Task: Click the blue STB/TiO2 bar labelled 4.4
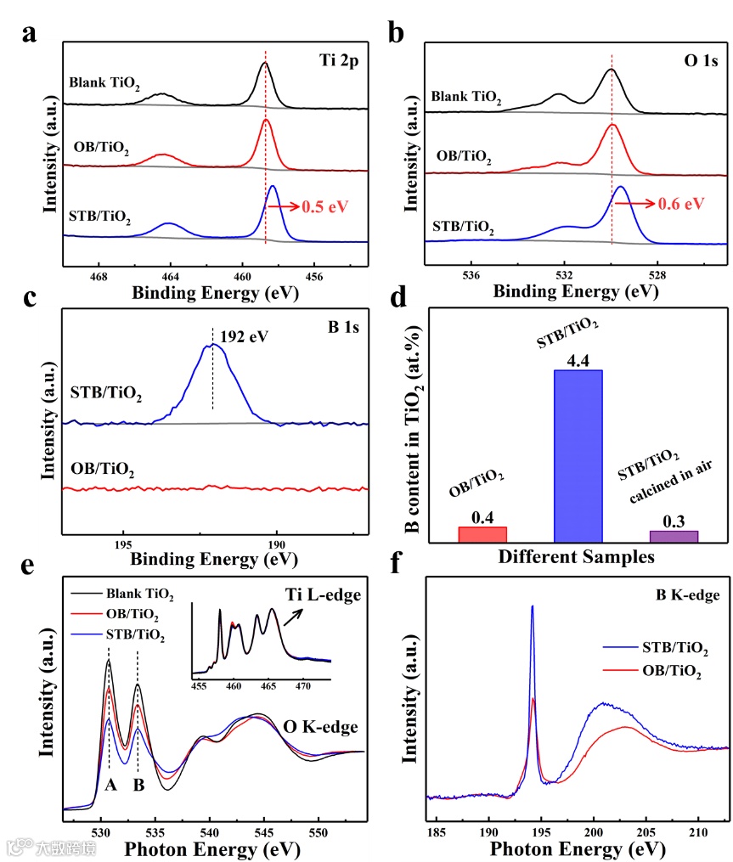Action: (578, 455)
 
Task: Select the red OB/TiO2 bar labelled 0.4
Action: (482, 534)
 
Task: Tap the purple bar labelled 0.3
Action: (674, 536)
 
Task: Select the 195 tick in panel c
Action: (122, 544)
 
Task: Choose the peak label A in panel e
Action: (110, 786)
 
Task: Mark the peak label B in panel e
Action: (138, 786)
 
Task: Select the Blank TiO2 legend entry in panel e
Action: (139, 594)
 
